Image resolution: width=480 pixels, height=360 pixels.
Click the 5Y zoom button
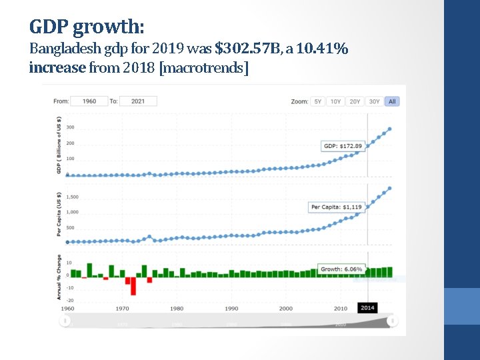(x=318, y=101)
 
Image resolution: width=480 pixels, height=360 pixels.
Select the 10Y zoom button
(x=336, y=101)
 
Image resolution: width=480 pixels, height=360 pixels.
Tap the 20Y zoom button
(x=355, y=101)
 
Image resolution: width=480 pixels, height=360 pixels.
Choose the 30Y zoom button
(x=375, y=101)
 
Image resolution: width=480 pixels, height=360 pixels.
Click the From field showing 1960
(x=89, y=101)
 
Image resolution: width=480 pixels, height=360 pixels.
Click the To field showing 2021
(x=138, y=101)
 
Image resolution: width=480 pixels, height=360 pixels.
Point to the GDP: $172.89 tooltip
(x=343, y=146)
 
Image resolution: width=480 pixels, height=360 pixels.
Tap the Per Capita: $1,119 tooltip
(x=337, y=207)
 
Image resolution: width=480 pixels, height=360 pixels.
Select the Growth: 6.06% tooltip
(x=342, y=269)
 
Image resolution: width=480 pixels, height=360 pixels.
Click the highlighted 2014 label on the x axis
(x=367, y=308)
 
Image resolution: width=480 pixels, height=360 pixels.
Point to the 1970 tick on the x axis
(x=123, y=309)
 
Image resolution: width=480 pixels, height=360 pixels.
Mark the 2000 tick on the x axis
(x=286, y=309)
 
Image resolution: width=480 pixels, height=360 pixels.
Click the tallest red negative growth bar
(x=133, y=285)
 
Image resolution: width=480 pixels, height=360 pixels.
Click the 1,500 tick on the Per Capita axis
(x=72, y=197)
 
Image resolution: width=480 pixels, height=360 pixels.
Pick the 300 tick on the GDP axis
(x=70, y=128)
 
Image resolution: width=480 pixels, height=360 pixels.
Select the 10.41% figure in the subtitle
(x=323, y=49)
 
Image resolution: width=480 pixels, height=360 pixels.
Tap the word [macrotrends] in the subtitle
(x=203, y=68)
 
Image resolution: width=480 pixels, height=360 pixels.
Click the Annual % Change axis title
(x=59, y=277)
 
